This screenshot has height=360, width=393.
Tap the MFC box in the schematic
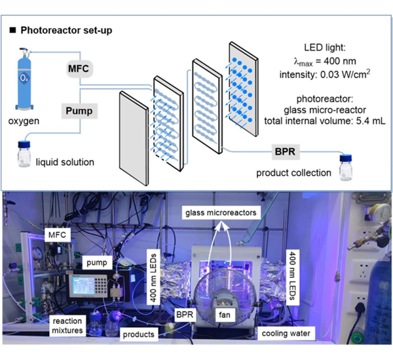click(82, 68)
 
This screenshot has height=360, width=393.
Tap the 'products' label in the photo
click(139, 334)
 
